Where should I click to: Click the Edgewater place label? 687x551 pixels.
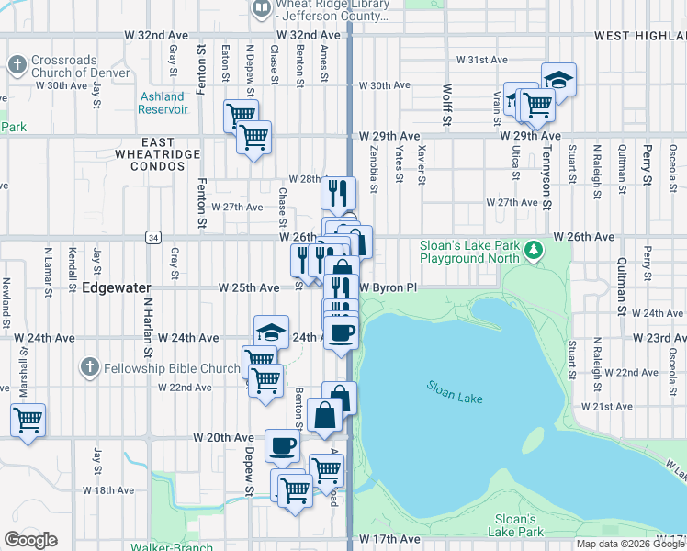pos(117,287)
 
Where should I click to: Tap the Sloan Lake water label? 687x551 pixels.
pos(455,392)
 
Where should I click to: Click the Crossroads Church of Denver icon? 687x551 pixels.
pos(16,64)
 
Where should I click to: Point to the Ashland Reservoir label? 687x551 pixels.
pos(163,103)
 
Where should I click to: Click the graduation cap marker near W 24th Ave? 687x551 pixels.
pos(271,332)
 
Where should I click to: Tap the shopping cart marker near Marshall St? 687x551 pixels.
pos(28,420)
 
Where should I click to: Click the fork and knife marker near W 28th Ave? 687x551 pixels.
pos(338,192)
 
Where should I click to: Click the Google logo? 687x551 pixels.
pos(30,540)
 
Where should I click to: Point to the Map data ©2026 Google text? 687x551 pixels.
pos(629,544)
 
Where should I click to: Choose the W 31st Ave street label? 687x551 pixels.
pos(482,60)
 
